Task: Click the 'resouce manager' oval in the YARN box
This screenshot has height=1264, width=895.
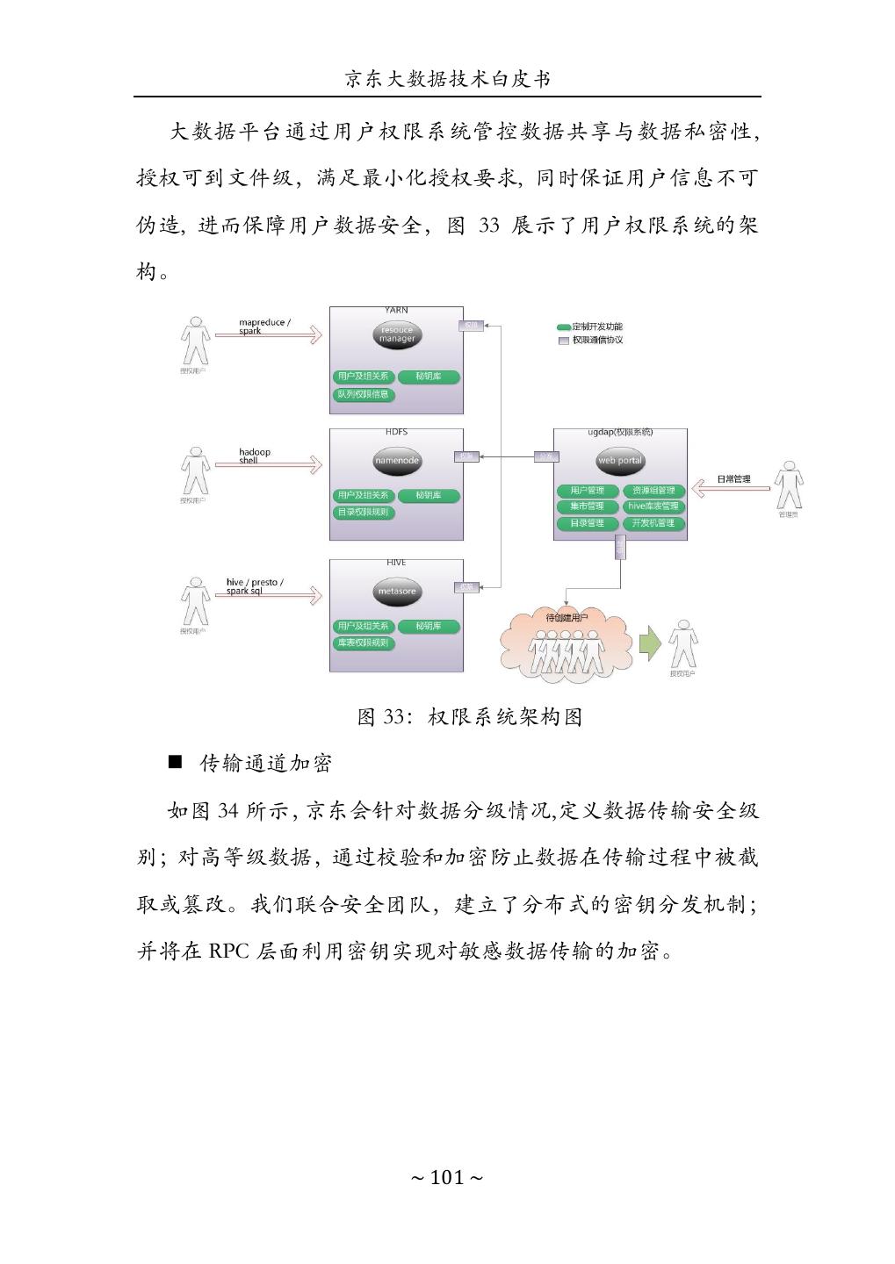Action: (397, 334)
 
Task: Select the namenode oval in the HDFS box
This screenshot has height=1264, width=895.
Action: (397, 461)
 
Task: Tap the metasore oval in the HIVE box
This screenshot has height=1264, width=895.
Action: (397, 592)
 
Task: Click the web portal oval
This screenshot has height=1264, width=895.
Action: (620, 461)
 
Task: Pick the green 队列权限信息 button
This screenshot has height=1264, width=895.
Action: (364, 395)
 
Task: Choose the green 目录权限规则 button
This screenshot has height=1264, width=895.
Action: (364, 513)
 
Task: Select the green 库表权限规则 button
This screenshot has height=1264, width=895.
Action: (364, 643)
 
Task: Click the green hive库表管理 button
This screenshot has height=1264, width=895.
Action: (653, 506)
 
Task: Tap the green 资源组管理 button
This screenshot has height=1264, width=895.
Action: (653, 491)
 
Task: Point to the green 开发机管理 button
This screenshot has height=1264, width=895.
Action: (653, 523)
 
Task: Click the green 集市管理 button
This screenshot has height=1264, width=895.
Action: (587, 506)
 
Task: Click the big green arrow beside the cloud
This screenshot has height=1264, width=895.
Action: (649, 644)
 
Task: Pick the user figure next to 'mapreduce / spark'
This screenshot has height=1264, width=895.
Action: (194, 340)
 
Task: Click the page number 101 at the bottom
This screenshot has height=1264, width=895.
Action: (447, 1177)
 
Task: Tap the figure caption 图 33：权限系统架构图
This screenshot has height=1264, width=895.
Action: (470, 717)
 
